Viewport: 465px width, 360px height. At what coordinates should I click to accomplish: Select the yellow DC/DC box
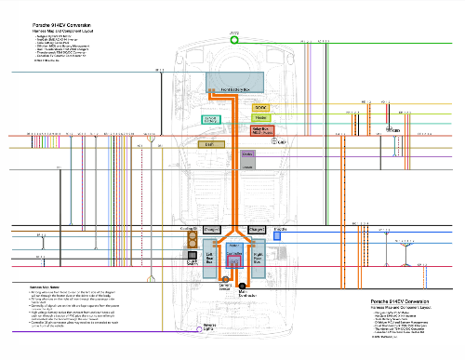point(259,108)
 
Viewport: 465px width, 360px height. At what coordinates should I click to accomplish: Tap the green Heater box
point(260,118)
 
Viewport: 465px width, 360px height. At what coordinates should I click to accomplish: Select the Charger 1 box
point(210,228)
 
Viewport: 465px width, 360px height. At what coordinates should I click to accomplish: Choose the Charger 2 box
point(258,228)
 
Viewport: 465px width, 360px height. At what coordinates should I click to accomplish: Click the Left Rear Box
point(210,257)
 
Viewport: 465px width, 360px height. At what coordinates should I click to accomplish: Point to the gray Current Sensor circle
point(225,280)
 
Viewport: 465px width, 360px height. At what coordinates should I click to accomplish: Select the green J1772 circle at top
point(234,40)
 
